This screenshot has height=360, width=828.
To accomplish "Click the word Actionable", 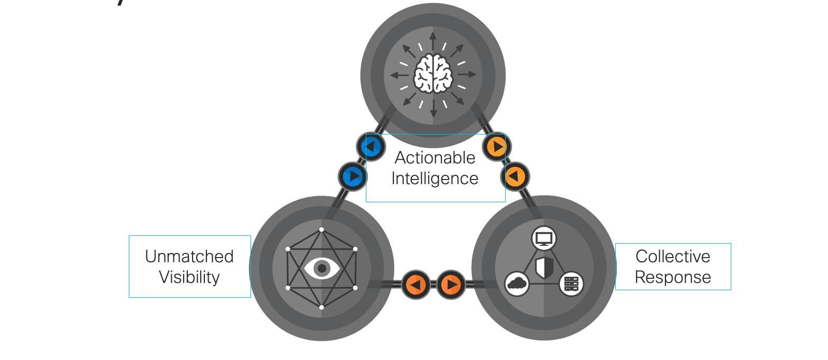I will (435, 157).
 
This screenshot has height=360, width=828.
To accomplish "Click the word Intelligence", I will (435, 178).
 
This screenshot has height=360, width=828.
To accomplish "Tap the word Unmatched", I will (189, 257).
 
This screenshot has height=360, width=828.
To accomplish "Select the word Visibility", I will (189, 277).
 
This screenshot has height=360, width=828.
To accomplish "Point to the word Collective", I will (673, 257).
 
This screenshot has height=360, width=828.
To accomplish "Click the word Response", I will (673, 277).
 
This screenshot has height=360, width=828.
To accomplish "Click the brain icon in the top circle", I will (433, 74).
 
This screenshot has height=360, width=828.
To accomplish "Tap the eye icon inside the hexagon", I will (322, 268).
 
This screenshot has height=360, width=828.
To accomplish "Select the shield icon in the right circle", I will (544, 267).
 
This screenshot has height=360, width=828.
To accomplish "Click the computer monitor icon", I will (544, 239).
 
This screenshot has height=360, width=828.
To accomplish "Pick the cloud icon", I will (516, 283).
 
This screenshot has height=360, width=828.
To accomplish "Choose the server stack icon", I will (571, 283).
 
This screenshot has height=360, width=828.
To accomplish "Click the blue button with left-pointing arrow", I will (371, 147).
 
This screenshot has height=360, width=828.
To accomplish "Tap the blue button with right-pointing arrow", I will (353, 176).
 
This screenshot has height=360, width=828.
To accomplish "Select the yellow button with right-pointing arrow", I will (497, 147).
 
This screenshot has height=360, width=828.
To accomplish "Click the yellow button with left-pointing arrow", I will (515, 177).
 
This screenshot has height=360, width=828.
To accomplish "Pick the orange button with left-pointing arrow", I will (416, 284).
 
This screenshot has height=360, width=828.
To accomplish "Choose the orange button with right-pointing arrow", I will (451, 284).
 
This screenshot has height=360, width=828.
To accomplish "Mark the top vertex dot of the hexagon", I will (322, 230).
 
